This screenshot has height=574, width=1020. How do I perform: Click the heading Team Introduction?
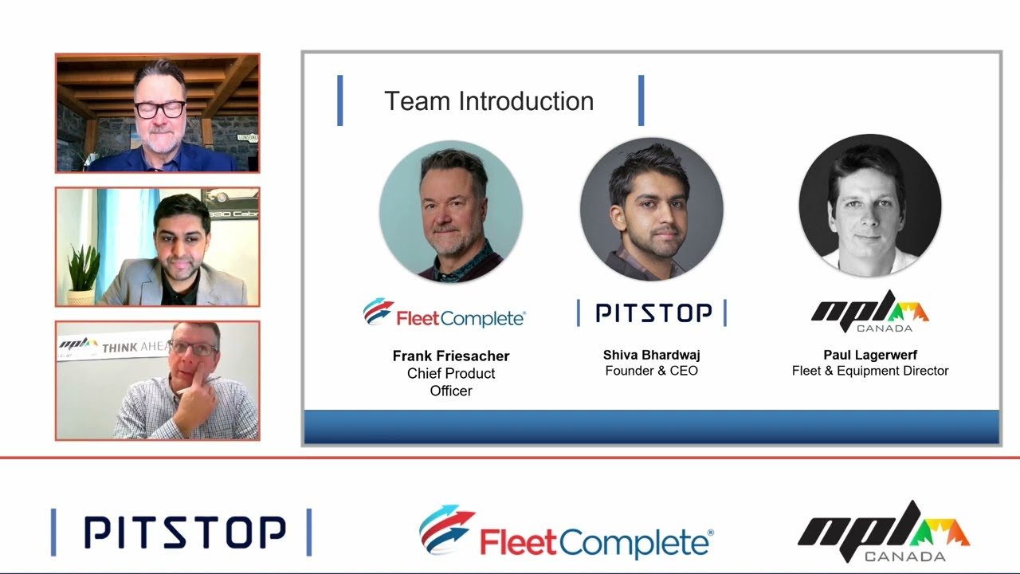488,101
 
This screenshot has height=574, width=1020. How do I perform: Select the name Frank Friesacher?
451,356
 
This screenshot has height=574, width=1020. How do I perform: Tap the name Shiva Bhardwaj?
651,355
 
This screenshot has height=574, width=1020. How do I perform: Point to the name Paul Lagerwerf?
870,355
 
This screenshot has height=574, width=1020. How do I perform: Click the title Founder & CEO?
651,371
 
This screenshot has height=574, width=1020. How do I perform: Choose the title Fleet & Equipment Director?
870,371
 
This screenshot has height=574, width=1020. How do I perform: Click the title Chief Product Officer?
451,382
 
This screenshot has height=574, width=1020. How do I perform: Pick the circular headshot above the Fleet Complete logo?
451,211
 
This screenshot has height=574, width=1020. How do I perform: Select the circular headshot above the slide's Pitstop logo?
651,210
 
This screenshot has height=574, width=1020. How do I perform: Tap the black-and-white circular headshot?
870,206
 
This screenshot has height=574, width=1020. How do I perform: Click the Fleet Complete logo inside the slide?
444,313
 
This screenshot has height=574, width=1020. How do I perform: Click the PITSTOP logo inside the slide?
652,313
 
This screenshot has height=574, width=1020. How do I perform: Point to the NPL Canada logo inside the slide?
870,312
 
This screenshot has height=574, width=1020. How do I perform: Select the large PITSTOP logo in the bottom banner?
182,533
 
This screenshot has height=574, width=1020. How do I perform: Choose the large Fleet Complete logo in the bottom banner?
566,532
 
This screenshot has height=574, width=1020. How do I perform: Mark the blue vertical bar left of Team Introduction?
340,100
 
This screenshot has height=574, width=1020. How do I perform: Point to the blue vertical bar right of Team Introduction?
641,100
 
